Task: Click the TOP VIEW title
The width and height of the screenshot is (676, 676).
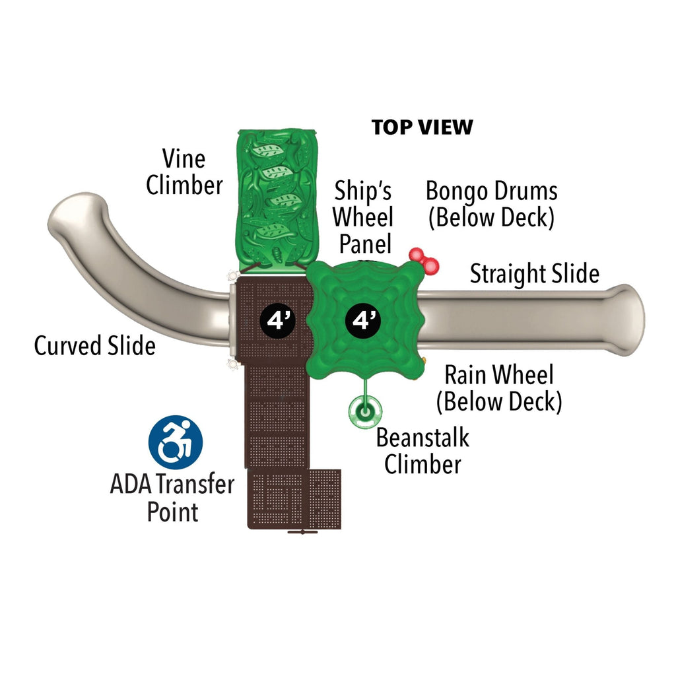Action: [422, 127]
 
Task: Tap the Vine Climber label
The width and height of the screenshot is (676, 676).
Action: [184, 172]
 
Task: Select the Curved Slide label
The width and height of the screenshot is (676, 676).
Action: [94, 346]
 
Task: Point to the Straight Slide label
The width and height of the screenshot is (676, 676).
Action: [534, 273]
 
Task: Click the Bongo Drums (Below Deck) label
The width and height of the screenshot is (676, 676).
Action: [491, 204]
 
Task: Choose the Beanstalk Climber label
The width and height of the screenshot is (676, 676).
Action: [422, 450]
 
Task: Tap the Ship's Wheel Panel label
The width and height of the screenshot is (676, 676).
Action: [363, 217]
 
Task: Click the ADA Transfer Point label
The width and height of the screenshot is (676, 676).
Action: [172, 498]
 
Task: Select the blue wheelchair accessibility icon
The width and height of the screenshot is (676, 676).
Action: [175, 442]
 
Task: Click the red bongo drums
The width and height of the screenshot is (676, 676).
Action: [423, 260]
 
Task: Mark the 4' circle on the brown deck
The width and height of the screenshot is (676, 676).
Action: [277, 320]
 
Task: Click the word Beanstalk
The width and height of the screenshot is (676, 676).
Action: [422, 437]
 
